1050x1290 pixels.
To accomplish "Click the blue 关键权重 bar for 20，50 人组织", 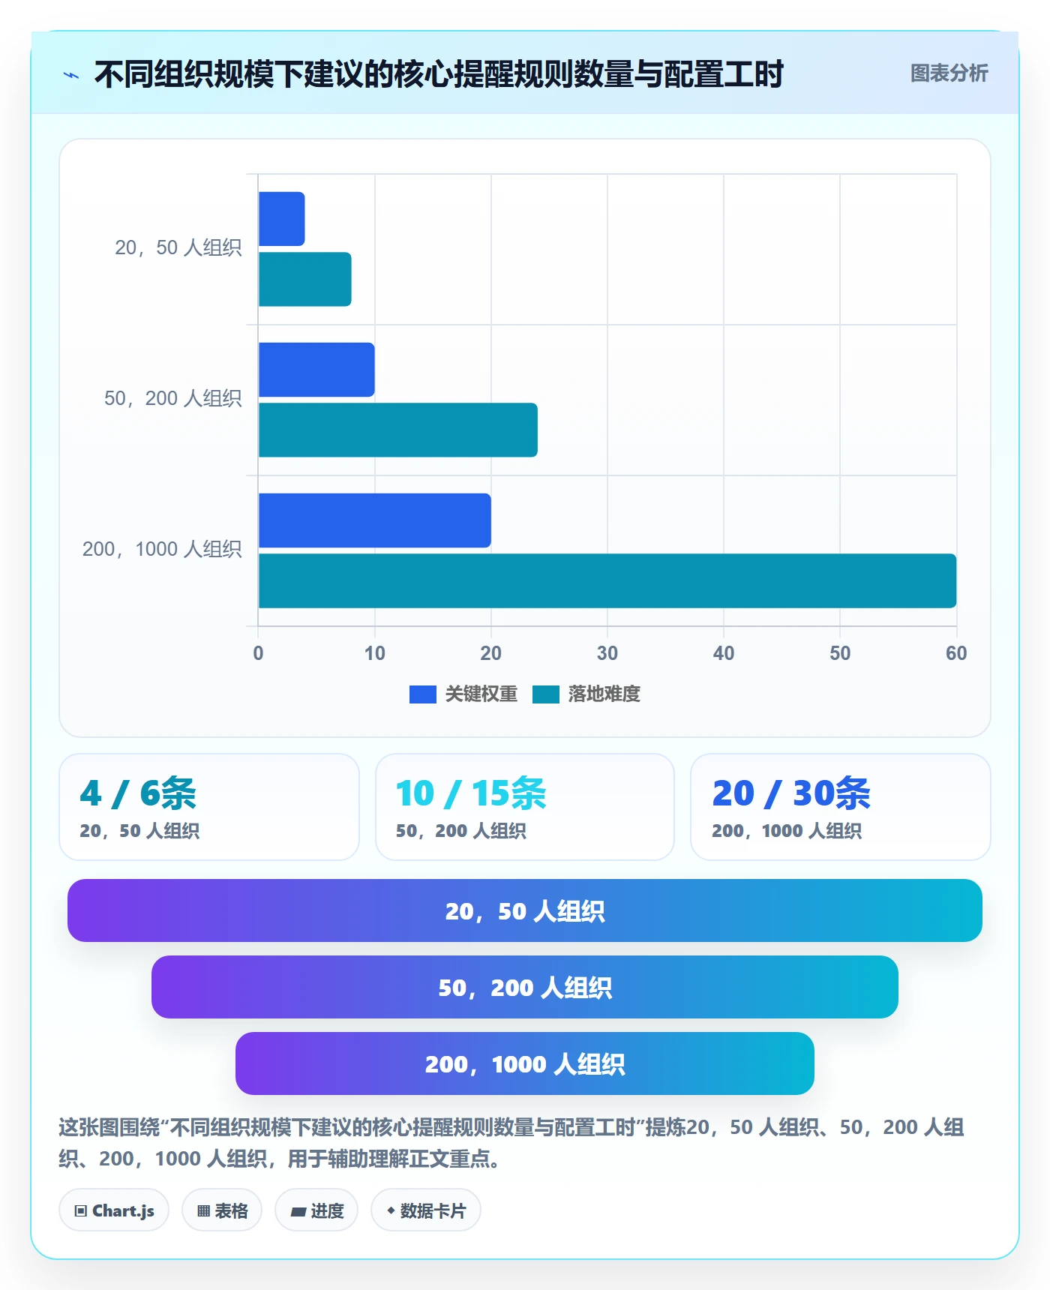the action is [281, 219].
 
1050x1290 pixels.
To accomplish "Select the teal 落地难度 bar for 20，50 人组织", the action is [304, 279].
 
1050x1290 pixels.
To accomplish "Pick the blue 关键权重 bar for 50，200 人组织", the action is [316, 370].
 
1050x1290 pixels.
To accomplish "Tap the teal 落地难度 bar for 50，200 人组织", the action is [397, 430].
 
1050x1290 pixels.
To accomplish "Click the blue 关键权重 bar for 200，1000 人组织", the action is [374, 520].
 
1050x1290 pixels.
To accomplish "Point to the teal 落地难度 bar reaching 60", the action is [607, 580].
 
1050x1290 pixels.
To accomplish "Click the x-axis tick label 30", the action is [607, 653].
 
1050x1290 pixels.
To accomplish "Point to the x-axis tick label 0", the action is [258, 653].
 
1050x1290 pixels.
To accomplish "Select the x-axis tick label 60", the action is [956, 653].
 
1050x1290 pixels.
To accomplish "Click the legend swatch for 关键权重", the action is [423, 694].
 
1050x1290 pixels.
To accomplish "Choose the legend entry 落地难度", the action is [586, 694].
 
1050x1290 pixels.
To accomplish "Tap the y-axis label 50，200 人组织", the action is [173, 398].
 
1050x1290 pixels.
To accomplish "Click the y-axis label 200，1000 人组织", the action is [162, 549].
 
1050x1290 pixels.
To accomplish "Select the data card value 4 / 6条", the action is [138, 793].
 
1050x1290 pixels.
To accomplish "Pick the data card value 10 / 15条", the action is [471, 793].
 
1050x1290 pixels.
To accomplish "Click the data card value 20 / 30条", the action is [791, 793].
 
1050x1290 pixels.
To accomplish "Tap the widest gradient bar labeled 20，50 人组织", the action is [525, 910].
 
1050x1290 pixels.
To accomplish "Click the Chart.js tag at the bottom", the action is [114, 1210].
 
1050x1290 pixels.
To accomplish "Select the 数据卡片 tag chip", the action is [426, 1210].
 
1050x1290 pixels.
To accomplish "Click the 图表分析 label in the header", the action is [949, 73].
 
